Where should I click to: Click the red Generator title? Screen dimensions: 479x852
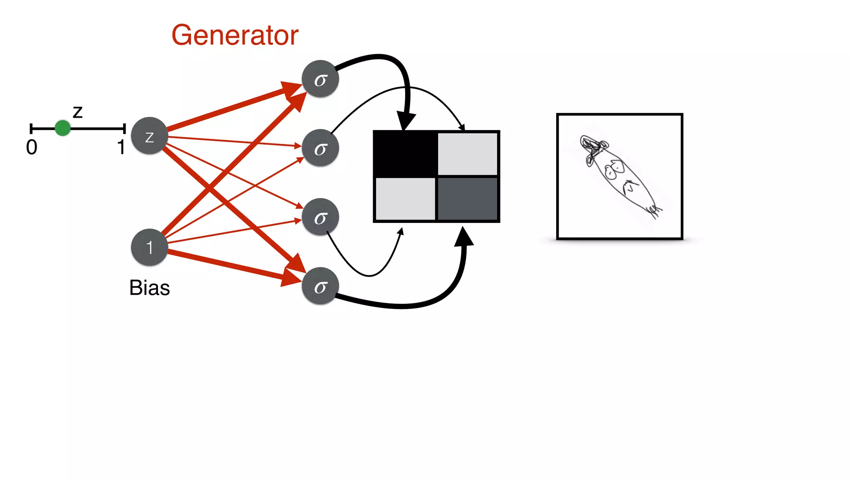click(x=235, y=35)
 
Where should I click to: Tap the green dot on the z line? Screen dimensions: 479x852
click(x=63, y=128)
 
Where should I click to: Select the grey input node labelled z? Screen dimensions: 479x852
click(x=149, y=136)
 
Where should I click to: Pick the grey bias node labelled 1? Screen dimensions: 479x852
click(x=149, y=247)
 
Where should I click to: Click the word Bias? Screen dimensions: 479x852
click(x=149, y=288)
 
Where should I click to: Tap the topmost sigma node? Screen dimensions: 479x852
click(x=320, y=79)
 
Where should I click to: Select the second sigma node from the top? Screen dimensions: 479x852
click(x=320, y=148)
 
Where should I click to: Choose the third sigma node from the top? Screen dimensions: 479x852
click(x=320, y=217)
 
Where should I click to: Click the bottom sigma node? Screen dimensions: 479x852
click(x=320, y=286)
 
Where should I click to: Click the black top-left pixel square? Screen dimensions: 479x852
click(x=405, y=154)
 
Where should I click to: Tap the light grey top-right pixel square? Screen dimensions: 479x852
click(x=468, y=154)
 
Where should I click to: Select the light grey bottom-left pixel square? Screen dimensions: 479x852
click(x=405, y=199)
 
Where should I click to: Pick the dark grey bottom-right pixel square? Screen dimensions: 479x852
click(x=468, y=199)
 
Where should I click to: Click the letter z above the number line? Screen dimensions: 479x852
click(x=78, y=112)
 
